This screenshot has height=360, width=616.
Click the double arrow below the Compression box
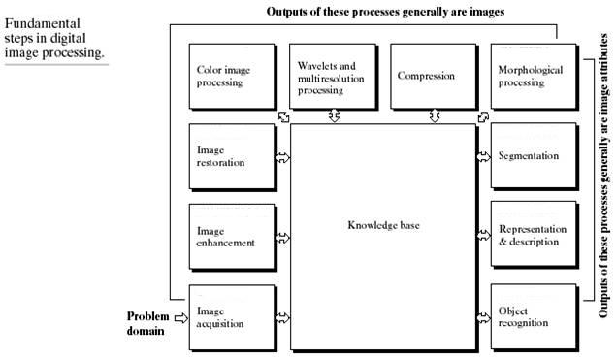(x=435, y=116)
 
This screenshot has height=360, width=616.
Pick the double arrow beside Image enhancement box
(x=283, y=236)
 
